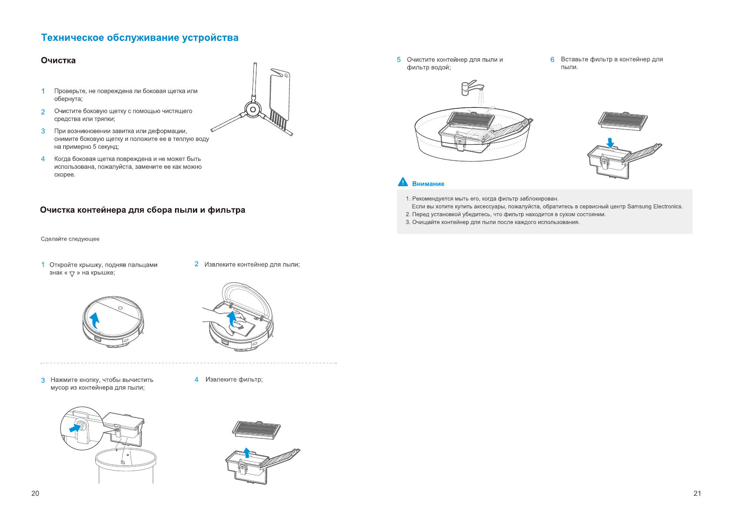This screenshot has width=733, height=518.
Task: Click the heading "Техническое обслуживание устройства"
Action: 140,38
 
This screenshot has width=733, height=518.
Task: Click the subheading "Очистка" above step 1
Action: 58,60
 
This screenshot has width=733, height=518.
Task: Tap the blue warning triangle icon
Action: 403,182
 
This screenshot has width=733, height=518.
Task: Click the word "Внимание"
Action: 428,184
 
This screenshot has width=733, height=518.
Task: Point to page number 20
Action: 35,493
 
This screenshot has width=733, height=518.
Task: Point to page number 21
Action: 697,493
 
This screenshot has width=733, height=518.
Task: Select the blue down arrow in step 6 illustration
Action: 610,143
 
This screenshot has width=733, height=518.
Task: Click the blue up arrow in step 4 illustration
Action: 247,453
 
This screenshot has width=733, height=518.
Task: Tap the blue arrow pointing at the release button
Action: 75,428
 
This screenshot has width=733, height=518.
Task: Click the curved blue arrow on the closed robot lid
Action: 95,320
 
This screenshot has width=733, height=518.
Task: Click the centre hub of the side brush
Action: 252,109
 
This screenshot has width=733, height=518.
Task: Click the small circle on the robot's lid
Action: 120,308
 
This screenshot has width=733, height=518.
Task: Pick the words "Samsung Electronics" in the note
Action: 655,207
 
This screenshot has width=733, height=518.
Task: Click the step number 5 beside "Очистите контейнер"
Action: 399,60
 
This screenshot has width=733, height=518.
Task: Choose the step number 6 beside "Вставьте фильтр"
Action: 552,60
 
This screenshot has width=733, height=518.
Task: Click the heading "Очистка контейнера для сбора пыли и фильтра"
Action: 143,210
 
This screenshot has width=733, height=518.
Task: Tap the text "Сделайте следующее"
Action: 70,239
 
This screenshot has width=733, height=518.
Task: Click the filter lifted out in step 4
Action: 257,429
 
